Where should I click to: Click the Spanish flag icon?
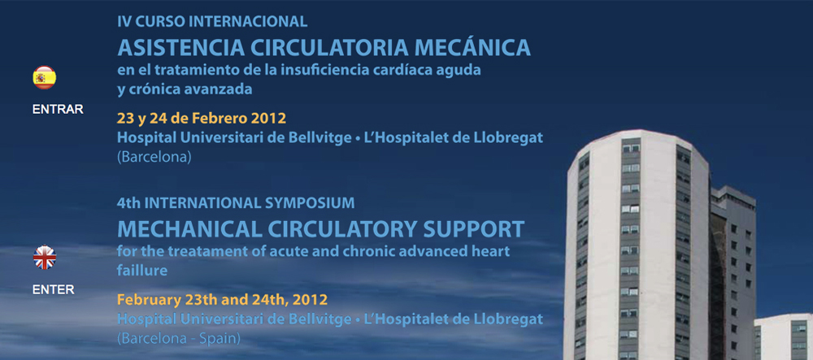pos(45,78)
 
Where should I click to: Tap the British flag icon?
pos(45,258)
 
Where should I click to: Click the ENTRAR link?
pos(58,110)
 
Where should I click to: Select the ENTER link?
pos(54,289)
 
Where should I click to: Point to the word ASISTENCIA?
pos(181,47)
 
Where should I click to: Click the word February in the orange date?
pos(146,299)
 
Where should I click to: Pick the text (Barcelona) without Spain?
pos(154,157)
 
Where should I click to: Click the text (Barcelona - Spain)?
pos(179,339)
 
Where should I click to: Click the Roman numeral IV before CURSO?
pos(124,22)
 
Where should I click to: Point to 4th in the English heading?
pos(129,203)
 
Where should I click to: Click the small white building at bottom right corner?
pos(784,336)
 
